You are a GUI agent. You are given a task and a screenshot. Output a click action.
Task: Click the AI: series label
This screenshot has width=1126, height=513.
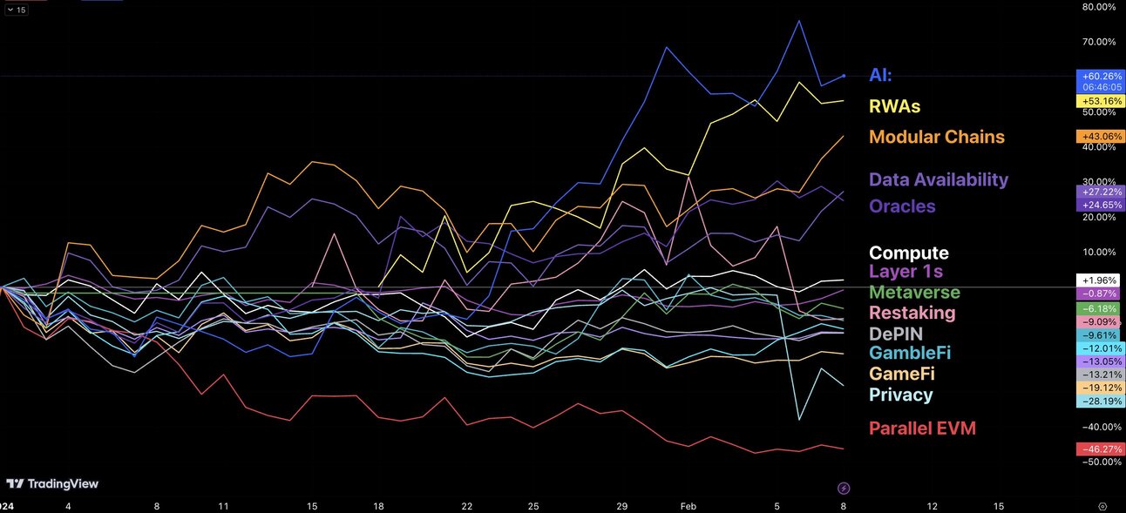pos(880,76)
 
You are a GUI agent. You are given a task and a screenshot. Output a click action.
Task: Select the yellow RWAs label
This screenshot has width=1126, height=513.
pos(894,106)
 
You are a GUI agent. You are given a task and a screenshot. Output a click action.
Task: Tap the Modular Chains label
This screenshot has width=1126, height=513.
pos(936,137)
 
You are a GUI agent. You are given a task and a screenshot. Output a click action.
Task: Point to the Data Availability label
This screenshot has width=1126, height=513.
pos(938,179)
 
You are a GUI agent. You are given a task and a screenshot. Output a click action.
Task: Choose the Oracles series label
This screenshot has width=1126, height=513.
pos(902,206)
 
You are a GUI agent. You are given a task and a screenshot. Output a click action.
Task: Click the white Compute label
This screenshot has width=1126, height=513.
pos(908,253)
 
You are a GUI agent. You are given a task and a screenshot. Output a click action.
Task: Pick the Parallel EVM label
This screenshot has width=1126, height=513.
pos(922,428)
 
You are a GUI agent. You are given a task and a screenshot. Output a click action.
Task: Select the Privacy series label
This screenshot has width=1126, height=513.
pos(900,395)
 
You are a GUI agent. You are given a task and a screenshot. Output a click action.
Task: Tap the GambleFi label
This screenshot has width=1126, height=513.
pos(909,353)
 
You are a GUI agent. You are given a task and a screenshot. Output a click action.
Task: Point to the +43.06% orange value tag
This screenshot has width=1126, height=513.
pos(1100,137)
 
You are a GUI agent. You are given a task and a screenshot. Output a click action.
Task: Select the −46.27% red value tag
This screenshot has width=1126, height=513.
pos(1100,449)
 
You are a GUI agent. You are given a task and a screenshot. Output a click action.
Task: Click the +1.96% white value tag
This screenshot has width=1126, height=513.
pos(1100,280)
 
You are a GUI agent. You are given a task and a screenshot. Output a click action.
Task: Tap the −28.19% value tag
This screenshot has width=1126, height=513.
pos(1100,402)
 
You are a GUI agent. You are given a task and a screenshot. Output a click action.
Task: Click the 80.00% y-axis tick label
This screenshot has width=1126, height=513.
pos(1098,7)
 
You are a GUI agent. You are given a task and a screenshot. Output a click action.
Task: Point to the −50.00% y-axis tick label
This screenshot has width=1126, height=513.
pos(1098,462)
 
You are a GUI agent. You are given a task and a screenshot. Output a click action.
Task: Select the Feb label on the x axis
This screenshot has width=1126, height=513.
pos(688,506)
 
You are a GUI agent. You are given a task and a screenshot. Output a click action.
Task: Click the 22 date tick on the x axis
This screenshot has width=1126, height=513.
pos(467,506)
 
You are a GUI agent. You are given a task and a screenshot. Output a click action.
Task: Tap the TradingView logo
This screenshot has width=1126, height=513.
pos(52,483)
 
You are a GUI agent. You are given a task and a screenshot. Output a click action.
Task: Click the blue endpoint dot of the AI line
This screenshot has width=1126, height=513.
pos(844,76)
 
